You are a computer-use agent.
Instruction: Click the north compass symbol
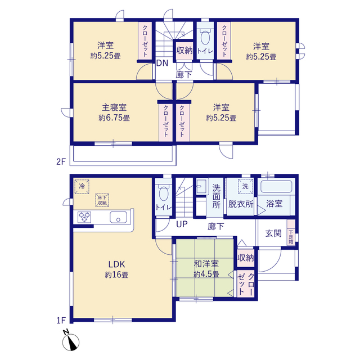(70, 341)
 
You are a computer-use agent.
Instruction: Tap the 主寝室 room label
(114, 107)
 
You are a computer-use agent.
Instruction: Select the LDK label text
(116, 264)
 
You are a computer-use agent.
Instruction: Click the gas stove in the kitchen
(84, 217)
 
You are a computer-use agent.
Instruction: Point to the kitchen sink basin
(118, 217)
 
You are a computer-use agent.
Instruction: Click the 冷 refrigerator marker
(82, 186)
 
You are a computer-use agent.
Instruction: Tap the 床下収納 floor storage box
(102, 200)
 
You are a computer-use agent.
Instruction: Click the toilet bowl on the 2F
(205, 37)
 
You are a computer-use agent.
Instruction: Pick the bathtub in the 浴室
(276, 187)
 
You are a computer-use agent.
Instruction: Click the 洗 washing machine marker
(245, 186)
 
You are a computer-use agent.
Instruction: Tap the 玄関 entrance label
(273, 233)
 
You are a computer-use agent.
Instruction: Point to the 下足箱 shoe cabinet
(291, 232)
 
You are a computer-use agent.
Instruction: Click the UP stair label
(182, 224)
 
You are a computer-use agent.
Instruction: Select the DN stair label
(162, 63)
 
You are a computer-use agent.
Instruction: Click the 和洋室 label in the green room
(206, 264)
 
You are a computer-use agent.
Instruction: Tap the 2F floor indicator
(61, 162)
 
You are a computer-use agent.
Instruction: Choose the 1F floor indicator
(61, 320)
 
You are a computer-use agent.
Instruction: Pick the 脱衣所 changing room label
(241, 204)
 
